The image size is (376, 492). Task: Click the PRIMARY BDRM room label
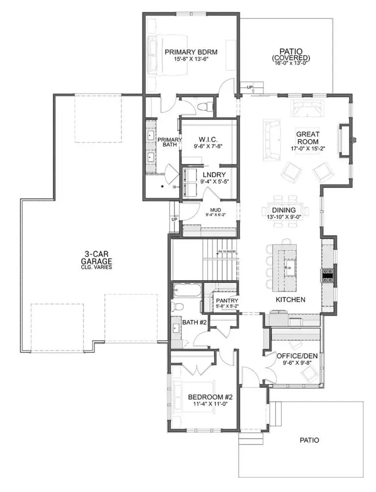coord(191,52)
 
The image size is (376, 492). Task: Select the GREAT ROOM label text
coord(307,138)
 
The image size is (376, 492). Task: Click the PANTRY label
coord(227,301)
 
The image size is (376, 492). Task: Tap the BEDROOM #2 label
coord(210,397)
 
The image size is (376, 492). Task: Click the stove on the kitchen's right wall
coord(327,275)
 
